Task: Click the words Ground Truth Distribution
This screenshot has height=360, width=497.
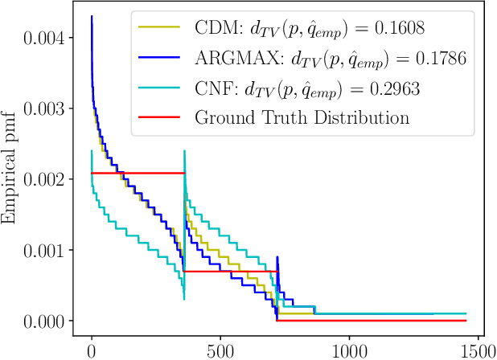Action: coord(302,117)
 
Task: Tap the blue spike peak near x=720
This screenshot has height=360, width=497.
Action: coord(277,258)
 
